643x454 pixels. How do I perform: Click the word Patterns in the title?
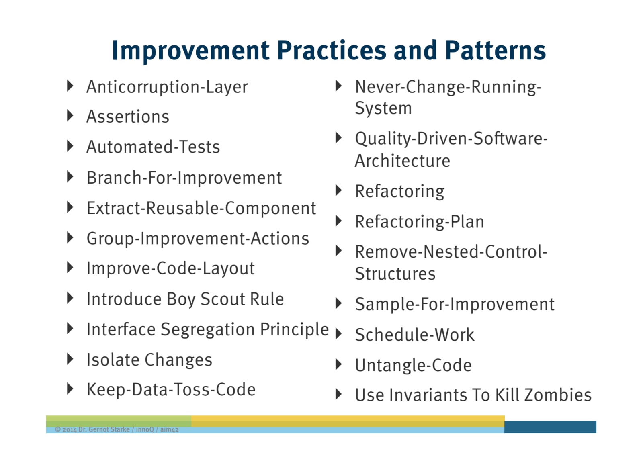[x=495, y=50]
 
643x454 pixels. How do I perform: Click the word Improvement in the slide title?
[x=190, y=51]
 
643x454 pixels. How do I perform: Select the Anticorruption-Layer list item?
[x=167, y=87]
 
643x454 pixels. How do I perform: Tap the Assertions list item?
[x=128, y=117]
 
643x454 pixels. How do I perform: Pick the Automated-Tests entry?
[x=153, y=147]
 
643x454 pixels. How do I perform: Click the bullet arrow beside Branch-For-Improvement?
[x=70, y=177]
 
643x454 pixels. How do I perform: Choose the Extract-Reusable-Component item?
[x=201, y=208]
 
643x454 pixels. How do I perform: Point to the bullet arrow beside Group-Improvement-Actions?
[x=70, y=237]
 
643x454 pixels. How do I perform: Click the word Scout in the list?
[x=223, y=299]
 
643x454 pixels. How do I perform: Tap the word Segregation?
[x=207, y=329]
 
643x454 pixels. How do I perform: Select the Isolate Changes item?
[x=149, y=360]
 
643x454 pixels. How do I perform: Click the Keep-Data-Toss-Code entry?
[x=171, y=390]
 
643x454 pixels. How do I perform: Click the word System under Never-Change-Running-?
[x=383, y=108]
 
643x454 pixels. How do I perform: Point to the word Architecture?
[x=402, y=161]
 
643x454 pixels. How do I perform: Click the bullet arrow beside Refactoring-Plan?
[x=339, y=221]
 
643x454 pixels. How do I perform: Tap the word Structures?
[x=395, y=274]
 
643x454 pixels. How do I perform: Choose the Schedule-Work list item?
[x=415, y=335]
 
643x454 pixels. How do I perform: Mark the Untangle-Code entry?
[x=414, y=365]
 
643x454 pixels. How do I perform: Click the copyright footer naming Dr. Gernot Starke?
[x=117, y=429]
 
